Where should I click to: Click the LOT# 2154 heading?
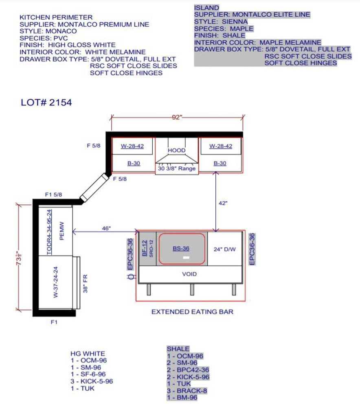point(46,102)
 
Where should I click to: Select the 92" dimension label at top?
point(177,117)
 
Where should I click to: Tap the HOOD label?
point(177,150)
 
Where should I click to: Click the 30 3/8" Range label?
point(177,168)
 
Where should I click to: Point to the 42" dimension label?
point(223,203)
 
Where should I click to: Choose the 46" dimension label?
point(106,228)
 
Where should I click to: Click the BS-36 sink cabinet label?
point(181,248)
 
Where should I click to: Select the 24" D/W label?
point(225,249)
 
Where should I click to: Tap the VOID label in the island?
point(189,274)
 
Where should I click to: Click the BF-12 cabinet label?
point(145,248)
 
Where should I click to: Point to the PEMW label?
point(61,231)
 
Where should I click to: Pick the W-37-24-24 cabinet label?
point(55,282)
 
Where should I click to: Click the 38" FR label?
point(85,284)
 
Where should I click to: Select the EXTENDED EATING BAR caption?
point(192,312)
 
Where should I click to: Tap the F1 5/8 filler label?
point(53,195)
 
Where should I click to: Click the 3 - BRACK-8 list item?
point(187,391)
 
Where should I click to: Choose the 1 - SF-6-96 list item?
point(88,374)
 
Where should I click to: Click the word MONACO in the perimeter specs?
point(61,31)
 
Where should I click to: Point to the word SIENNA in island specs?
point(235,22)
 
